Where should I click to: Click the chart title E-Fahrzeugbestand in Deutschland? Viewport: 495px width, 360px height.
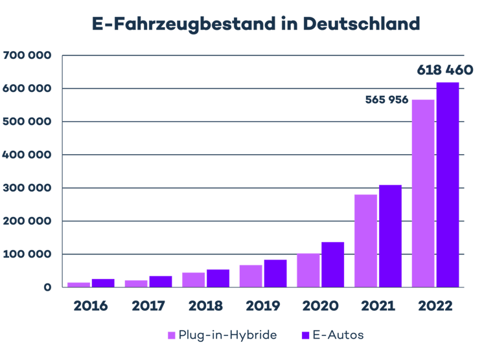pyautogui.click(x=255, y=24)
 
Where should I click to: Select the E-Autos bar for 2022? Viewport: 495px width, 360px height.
pyautogui.click(x=448, y=184)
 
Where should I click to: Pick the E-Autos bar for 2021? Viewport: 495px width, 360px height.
pyautogui.click(x=390, y=236)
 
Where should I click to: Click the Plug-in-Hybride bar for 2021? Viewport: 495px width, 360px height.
pyautogui.click(x=365, y=240)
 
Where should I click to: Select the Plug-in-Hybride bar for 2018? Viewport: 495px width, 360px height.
pyautogui.click(x=193, y=279)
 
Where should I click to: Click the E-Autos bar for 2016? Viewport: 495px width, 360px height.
pyautogui.click(x=103, y=282)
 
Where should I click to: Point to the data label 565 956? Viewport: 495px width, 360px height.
pyautogui.click(x=386, y=100)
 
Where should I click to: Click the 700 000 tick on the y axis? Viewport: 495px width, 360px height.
pyautogui.click(x=27, y=56)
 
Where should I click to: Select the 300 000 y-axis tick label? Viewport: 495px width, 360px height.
pyautogui.click(x=27, y=188)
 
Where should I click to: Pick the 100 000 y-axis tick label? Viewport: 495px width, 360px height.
pyautogui.click(x=27, y=254)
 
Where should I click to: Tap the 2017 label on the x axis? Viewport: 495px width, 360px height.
pyautogui.click(x=148, y=305)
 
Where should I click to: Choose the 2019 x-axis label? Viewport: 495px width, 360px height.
pyautogui.click(x=263, y=305)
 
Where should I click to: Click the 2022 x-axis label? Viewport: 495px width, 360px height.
pyautogui.click(x=435, y=305)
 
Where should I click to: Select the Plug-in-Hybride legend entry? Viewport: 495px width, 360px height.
pyautogui.click(x=222, y=335)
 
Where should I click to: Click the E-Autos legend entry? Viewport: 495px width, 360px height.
pyautogui.click(x=332, y=335)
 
